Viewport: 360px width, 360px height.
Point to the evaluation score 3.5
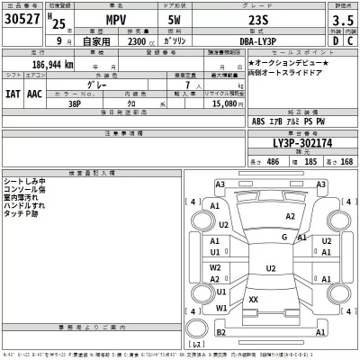point(342,18)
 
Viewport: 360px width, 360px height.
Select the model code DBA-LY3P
point(257,40)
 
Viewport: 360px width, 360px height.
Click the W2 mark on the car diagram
point(215,266)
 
